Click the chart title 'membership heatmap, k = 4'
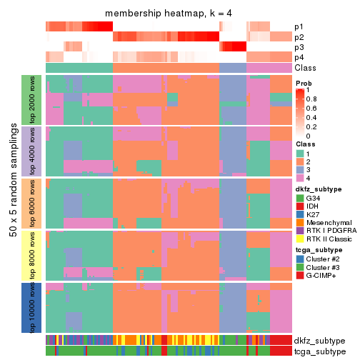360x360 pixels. coord(169,14)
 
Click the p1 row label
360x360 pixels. coord(299,27)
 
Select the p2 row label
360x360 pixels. coord(299,37)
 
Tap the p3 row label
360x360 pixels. coord(299,47)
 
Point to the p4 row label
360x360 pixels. coord(299,57)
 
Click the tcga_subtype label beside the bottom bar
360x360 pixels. coord(320,351)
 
